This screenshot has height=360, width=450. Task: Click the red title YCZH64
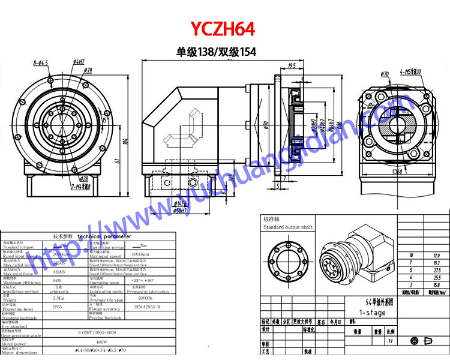pyautogui.click(x=223, y=29)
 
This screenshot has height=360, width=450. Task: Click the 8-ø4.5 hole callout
pyautogui.click(x=41, y=62)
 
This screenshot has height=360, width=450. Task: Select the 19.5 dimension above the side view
pyautogui.click(x=292, y=65)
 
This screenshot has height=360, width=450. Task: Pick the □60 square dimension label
pyautogui.click(x=395, y=172)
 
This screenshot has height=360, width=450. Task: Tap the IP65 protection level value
pyautogui.click(x=56, y=306)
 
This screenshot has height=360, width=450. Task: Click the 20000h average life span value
pyautogui.click(x=145, y=298)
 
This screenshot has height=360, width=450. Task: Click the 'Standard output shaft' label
pyautogui.click(x=288, y=227)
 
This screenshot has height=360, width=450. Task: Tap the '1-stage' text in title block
pyautogui.click(x=372, y=313)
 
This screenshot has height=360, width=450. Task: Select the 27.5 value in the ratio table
pyautogui.click(x=436, y=271)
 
